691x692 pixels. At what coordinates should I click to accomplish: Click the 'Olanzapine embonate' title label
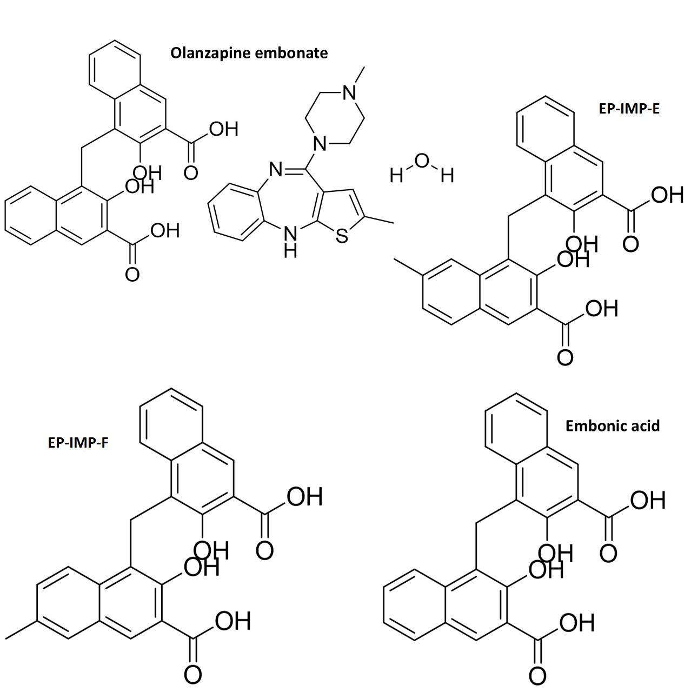[249, 53]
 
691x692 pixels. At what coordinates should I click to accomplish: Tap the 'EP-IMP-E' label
[629, 109]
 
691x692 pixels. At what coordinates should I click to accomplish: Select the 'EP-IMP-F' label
[78, 443]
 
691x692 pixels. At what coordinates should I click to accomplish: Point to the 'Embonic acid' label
[612, 426]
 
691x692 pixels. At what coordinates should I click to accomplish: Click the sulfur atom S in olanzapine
[342, 236]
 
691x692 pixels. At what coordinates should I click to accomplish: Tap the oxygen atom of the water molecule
[422, 161]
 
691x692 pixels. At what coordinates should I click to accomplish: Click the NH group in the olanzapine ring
[290, 241]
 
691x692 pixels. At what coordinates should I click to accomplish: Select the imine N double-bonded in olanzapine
[276, 170]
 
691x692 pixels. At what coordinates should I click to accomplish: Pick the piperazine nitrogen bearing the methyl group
[350, 92]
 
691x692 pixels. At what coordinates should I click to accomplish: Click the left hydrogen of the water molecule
[396, 175]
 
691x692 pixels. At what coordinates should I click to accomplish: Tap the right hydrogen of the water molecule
[447, 175]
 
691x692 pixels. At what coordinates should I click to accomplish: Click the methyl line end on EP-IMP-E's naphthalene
[395, 260]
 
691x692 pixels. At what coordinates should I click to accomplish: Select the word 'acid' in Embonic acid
[644, 426]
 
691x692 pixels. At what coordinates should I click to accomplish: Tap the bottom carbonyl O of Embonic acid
[537, 675]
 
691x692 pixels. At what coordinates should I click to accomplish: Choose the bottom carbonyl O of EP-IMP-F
[192, 674]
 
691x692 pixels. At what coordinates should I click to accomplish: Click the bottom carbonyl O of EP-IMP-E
[565, 357]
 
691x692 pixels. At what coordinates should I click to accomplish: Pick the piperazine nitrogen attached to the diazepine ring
[321, 143]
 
